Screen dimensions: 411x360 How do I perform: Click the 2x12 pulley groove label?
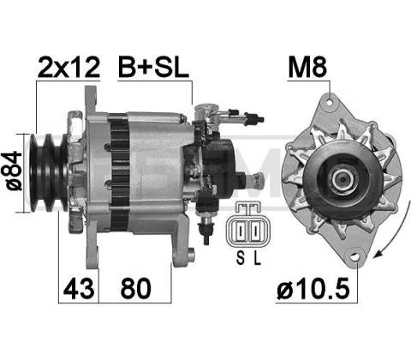click(x=68, y=68)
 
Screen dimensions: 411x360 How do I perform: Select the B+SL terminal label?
click(x=153, y=68)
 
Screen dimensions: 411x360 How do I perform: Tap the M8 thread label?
click(x=307, y=68)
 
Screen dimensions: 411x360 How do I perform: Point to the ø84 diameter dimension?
click(x=15, y=171)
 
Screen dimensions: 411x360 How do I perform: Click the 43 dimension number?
click(x=79, y=288)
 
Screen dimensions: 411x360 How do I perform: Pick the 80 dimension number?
click(x=135, y=288)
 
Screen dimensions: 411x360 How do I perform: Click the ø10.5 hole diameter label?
click(x=313, y=288)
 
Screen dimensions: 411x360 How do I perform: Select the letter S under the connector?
click(x=241, y=258)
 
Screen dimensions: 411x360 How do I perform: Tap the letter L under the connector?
click(x=258, y=258)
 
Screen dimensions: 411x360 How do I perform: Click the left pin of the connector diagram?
click(x=241, y=231)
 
